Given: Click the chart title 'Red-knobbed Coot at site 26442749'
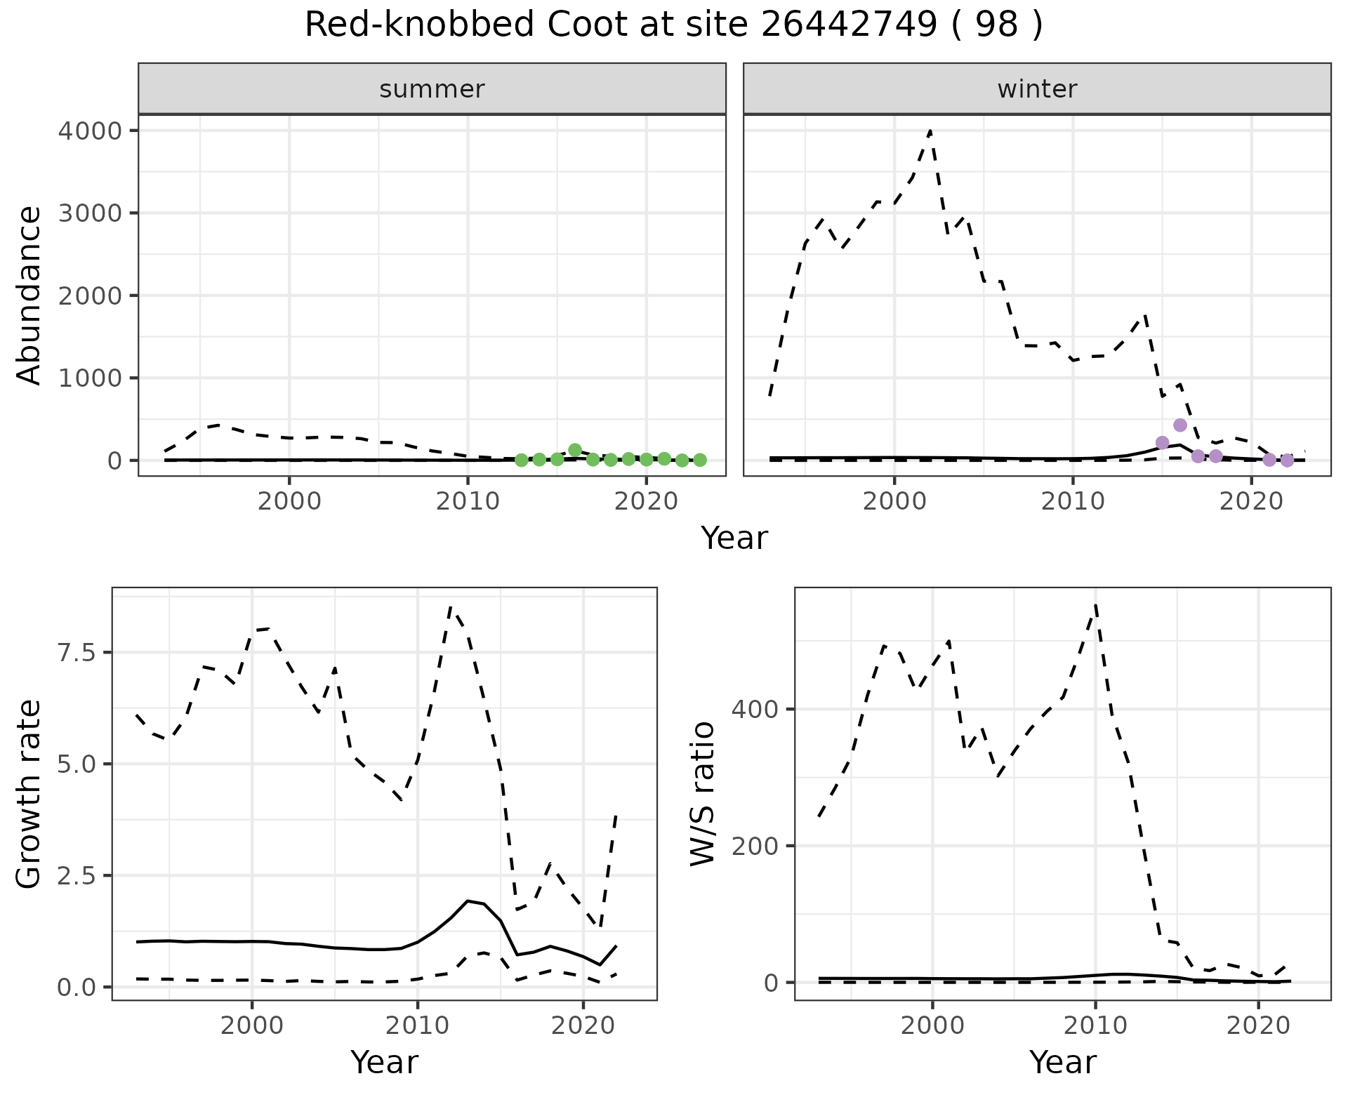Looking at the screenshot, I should (x=673, y=26).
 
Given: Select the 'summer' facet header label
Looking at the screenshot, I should (x=432, y=89).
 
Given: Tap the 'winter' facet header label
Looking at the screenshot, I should (x=1037, y=89).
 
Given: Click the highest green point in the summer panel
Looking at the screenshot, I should (x=575, y=450).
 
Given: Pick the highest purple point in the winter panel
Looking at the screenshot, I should (x=1180, y=425).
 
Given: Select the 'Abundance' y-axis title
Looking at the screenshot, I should (x=29, y=295).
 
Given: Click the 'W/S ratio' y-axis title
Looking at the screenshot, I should (x=702, y=794).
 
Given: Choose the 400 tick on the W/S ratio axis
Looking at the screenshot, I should (x=755, y=709).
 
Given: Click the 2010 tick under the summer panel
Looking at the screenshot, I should (x=468, y=502).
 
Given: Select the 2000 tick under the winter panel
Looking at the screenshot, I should (x=894, y=502).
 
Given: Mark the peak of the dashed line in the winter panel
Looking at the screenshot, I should (x=930, y=131).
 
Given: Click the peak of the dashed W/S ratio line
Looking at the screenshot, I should (x=1096, y=604).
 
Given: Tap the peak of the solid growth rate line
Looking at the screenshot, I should (x=468, y=901).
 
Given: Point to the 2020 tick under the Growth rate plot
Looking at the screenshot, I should (x=583, y=1026).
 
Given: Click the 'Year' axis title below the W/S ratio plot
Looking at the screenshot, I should (x=1062, y=1062).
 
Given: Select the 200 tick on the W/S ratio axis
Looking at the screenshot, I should (x=755, y=846).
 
